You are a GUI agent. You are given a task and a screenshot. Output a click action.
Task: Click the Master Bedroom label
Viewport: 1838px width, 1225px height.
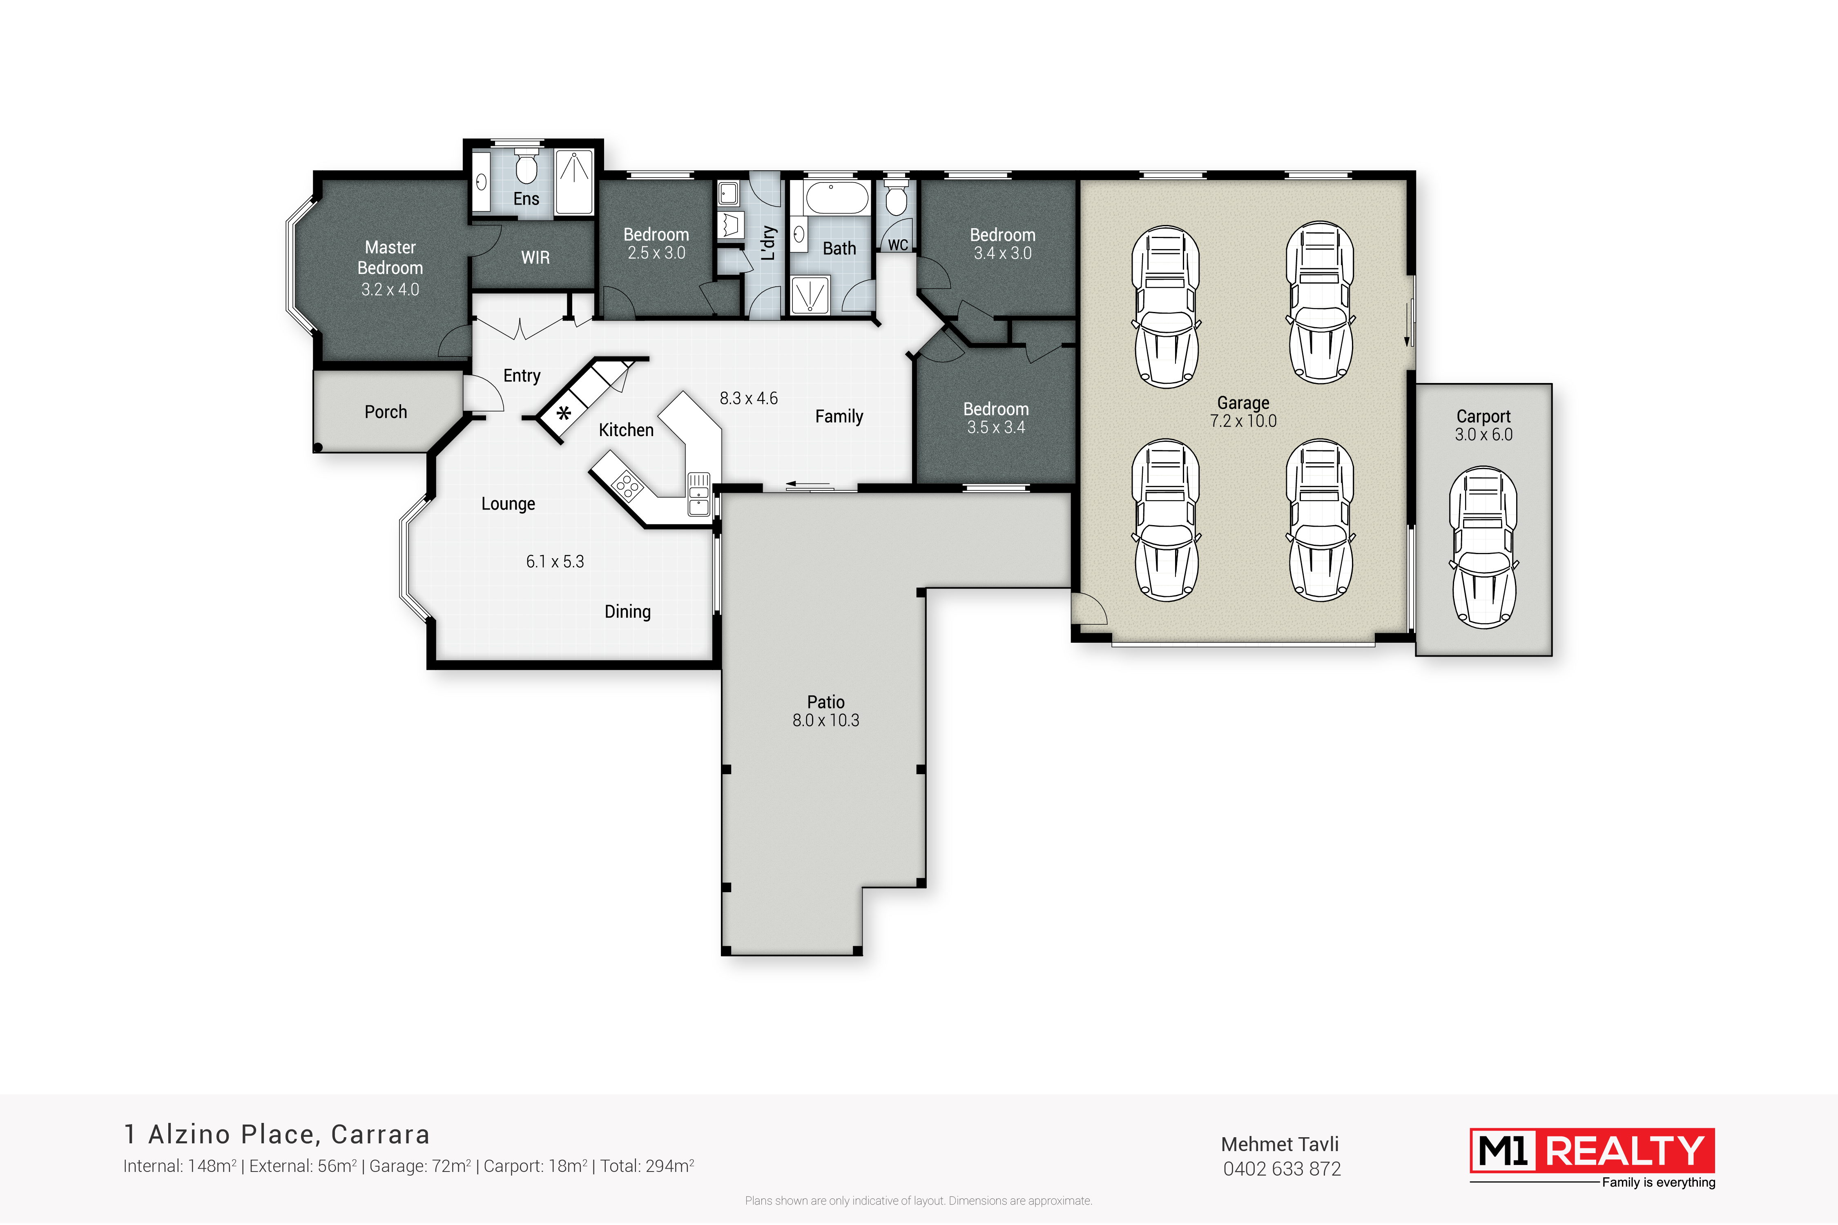(x=390, y=258)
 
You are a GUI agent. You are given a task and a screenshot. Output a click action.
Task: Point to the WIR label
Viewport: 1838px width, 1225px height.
(x=535, y=258)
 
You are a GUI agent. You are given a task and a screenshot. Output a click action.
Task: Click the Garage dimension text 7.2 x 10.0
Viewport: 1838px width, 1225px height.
(x=1243, y=421)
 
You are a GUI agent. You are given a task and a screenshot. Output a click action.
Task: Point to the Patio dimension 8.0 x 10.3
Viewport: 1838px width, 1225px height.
(x=826, y=720)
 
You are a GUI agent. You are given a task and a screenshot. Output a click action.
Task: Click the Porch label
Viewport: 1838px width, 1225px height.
(x=386, y=412)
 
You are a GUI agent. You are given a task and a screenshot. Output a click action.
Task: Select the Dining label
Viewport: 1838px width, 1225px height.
(x=627, y=612)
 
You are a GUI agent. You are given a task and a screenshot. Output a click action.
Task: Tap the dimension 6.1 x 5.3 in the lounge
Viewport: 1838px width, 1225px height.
(x=555, y=562)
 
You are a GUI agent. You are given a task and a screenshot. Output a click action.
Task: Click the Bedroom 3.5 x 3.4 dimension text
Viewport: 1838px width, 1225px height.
(x=996, y=428)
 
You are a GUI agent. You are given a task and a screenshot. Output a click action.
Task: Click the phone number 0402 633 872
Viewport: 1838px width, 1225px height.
(x=1282, y=1169)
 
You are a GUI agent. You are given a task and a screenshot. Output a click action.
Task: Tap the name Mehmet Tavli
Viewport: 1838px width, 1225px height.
(x=1280, y=1145)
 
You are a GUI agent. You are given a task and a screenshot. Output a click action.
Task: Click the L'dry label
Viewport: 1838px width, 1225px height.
(x=768, y=243)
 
